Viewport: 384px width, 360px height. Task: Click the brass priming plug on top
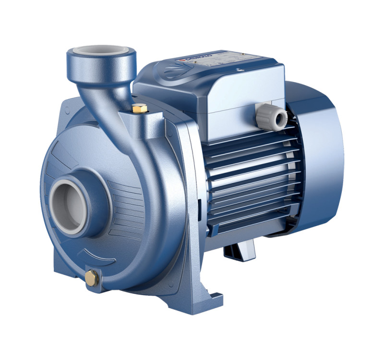pyautogui.click(x=139, y=108)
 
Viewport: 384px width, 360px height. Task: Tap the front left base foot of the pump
pyautogui.click(x=72, y=283)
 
